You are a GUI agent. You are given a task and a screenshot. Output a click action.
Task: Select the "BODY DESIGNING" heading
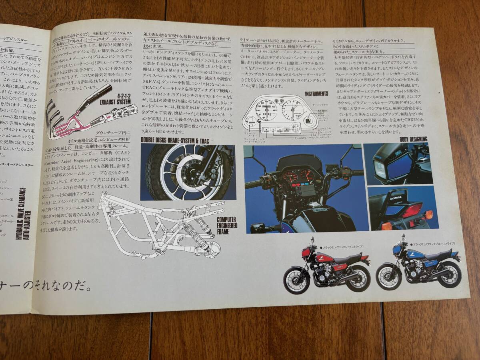coord(413,139)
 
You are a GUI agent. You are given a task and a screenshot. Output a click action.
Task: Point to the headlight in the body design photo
coord(380,169)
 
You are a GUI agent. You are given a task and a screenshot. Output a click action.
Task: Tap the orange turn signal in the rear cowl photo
coord(429,215)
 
